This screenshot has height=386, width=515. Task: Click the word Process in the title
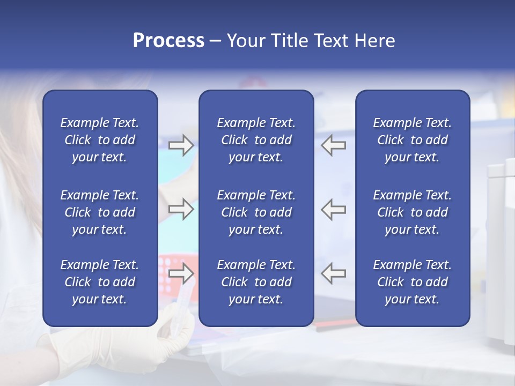168,40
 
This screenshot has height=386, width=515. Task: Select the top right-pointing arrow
181,145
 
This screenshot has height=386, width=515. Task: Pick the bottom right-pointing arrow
181,273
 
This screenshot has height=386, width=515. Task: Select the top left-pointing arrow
334,145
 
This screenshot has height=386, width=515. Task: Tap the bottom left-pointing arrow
334,273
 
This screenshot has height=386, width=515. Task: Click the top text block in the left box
100,140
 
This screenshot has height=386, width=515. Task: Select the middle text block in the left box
100,212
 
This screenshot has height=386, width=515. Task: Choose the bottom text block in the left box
100,282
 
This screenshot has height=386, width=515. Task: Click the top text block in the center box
256,140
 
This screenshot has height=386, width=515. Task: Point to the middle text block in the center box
256,212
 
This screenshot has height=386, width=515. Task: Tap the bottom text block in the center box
256,282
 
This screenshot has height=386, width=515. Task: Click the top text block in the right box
412,140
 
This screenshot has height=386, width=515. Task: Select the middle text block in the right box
412,212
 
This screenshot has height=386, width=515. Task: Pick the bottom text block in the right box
412,282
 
